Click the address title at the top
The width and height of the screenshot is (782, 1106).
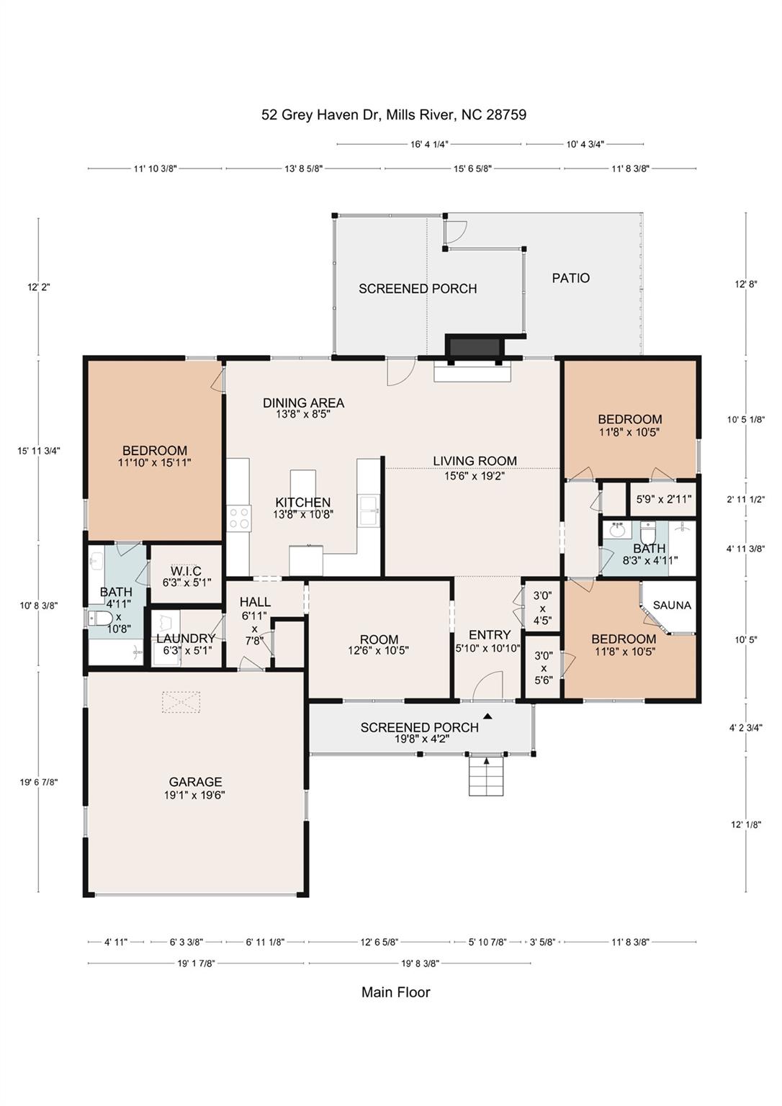(393, 114)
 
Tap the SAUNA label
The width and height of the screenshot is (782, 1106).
(671, 606)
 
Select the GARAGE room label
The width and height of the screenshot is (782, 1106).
(195, 782)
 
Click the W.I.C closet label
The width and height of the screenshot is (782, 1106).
(186, 571)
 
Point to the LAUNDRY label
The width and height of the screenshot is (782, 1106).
(186, 639)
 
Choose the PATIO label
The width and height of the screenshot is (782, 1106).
(570, 278)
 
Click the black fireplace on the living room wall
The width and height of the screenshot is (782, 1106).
(475, 346)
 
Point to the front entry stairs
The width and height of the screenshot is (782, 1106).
(486, 775)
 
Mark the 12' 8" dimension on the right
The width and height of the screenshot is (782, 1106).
(745, 284)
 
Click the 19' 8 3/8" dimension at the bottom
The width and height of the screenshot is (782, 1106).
(420, 963)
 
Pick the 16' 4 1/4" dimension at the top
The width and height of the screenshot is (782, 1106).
(429, 144)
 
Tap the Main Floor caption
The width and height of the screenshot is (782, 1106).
(395, 992)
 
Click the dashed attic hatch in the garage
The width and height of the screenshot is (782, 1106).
(180, 702)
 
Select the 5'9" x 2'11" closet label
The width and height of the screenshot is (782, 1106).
(663, 498)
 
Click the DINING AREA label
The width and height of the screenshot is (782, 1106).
(303, 403)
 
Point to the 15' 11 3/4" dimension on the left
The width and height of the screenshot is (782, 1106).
(39, 451)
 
